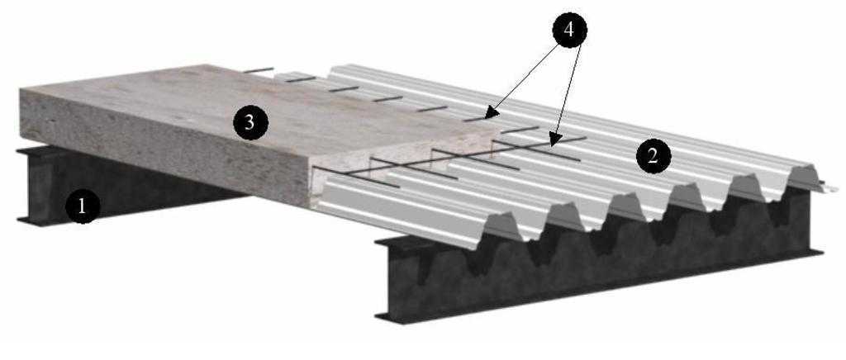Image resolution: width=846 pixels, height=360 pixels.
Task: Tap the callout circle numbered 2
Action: point(653,157)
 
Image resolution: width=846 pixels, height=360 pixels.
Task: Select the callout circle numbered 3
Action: point(250,123)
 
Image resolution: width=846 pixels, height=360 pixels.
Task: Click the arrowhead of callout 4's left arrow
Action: point(488,114)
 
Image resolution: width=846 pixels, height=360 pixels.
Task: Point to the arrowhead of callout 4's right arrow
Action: point(553,142)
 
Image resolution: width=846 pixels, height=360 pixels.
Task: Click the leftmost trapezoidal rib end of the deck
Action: point(501,226)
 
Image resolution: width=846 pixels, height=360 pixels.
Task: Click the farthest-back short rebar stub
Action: point(259,70)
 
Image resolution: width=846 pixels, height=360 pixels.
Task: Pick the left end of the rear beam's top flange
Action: point(20,151)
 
